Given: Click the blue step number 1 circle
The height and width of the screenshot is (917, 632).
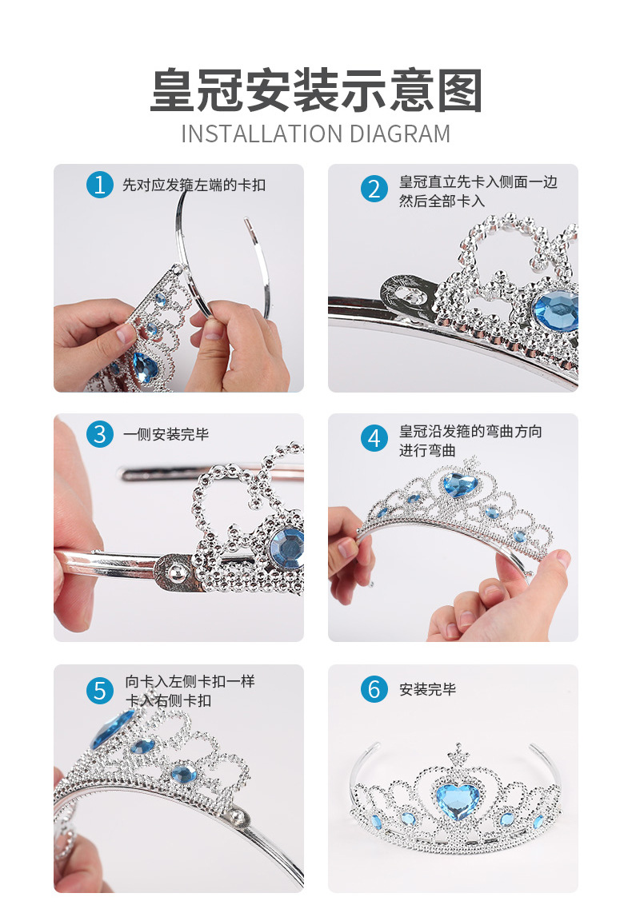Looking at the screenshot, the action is tap(100, 184).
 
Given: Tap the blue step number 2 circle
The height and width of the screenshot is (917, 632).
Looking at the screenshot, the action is tap(374, 189).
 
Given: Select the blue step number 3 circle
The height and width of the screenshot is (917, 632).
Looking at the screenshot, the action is tap(100, 435).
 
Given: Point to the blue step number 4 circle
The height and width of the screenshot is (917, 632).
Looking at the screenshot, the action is tap(374, 439).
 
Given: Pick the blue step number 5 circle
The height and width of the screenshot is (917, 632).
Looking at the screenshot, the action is tap(100, 691).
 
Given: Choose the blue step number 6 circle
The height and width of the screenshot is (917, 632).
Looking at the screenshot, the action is tap(374, 689).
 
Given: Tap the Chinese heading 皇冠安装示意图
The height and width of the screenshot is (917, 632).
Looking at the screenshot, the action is tap(316, 90).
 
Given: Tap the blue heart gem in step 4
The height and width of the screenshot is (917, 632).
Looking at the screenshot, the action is tap(460, 485).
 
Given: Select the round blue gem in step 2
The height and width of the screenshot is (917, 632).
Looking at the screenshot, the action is tap(556, 310).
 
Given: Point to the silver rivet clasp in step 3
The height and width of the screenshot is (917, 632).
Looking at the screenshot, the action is tap(174, 572).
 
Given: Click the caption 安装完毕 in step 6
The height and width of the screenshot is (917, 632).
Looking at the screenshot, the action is tap(428, 689).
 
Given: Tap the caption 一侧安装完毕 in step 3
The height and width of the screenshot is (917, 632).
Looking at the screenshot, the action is tap(166, 435).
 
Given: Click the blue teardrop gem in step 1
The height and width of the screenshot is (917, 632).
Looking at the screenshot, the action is tap(145, 367).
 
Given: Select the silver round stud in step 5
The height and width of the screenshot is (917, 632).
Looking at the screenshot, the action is tap(238, 815).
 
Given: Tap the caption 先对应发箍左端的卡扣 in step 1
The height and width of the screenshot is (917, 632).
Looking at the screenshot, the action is tap(194, 185).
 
